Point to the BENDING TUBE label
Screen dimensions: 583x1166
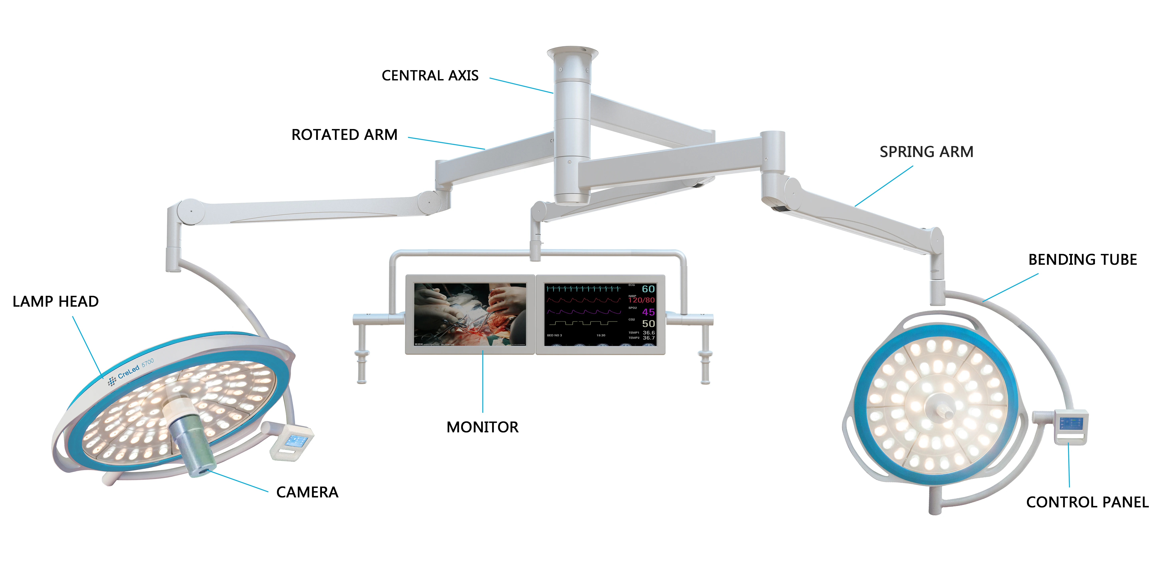1082,260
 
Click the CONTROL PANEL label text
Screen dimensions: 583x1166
1087,502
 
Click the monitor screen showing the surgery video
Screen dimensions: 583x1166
470,314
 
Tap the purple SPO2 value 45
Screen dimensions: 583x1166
648,312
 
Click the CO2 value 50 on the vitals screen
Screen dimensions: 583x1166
648,323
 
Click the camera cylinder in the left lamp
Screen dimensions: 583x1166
192,446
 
